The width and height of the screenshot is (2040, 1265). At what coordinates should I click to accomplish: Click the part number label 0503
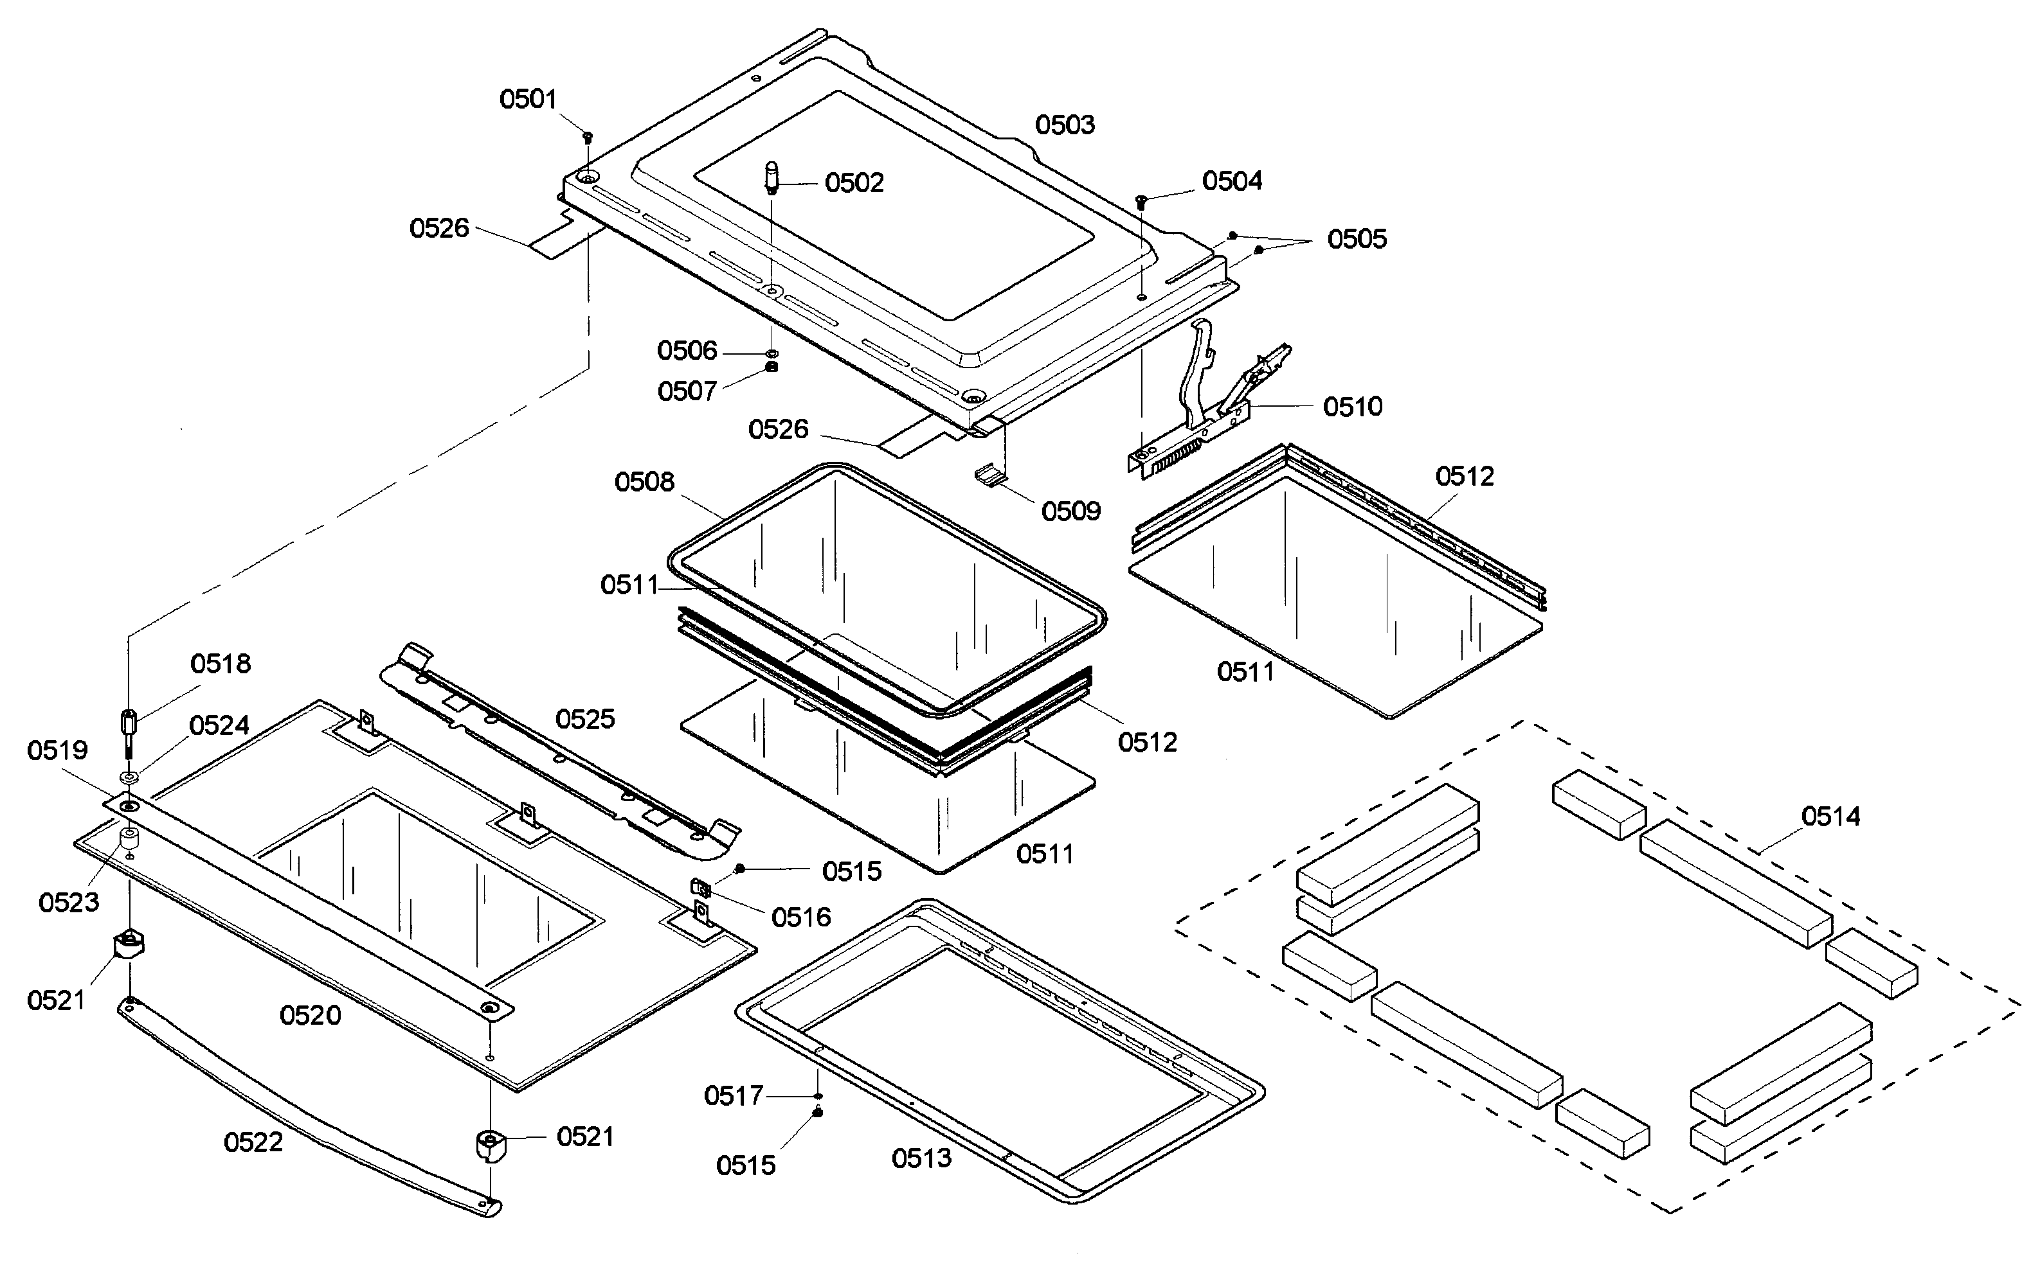tap(1064, 125)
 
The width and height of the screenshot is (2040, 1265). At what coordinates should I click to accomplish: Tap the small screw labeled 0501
tap(588, 136)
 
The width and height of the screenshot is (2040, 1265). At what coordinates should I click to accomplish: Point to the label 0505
tap(1357, 239)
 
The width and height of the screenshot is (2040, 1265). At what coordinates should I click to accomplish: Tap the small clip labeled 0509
tap(989, 478)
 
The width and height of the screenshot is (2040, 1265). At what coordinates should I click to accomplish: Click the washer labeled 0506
tap(772, 355)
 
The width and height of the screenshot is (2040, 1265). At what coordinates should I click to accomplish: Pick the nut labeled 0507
tap(772, 367)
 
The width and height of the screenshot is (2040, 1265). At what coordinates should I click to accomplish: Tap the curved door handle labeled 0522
tap(302, 1104)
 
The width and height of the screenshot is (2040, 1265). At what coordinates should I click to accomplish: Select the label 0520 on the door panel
tap(310, 1015)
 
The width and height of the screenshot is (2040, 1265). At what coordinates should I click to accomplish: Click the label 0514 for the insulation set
tap(1830, 816)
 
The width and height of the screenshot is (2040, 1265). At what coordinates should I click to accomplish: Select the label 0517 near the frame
tap(734, 1095)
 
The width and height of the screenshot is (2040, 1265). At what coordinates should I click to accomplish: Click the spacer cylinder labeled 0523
tap(130, 838)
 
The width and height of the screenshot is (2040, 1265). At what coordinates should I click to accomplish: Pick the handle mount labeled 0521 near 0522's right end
tap(488, 1144)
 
